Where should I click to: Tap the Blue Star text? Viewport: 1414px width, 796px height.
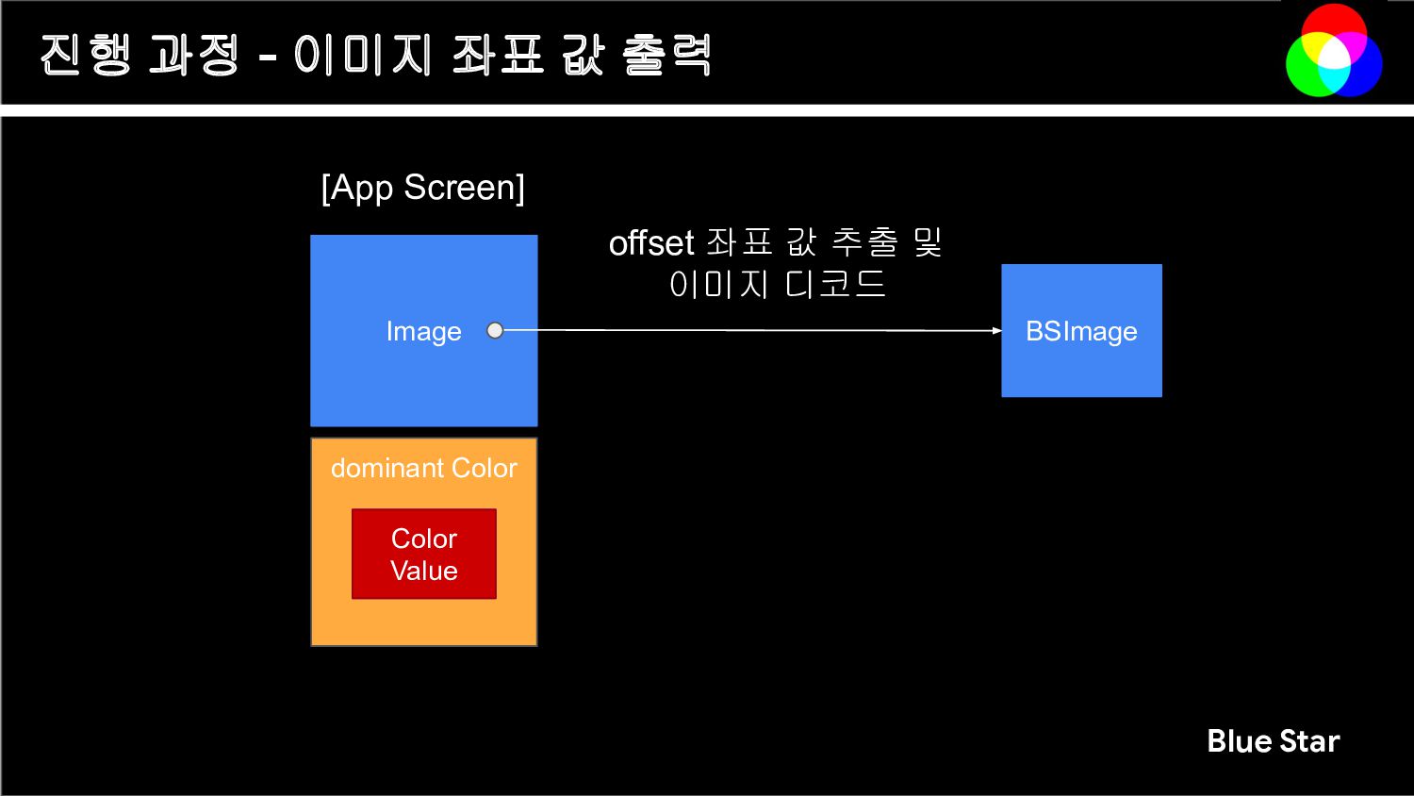tap(1273, 741)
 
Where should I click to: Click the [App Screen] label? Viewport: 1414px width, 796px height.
tap(422, 188)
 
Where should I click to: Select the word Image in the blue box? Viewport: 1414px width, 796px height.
tap(423, 331)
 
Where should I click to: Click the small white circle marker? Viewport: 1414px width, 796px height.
tap(495, 330)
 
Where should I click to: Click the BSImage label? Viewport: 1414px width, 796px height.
tap(1081, 331)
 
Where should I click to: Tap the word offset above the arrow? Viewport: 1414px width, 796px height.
tap(650, 243)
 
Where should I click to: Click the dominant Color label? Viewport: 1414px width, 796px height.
tap(423, 468)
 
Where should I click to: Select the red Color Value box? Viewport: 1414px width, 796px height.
tap(423, 554)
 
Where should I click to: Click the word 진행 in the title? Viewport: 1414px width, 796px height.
tap(86, 55)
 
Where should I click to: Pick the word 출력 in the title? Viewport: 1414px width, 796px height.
tap(666, 55)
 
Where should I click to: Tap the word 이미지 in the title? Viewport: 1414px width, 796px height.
tap(362, 55)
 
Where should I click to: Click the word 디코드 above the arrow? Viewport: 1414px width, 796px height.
tap(835, 284)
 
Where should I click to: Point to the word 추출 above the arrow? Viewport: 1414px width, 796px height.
tap(864, 243)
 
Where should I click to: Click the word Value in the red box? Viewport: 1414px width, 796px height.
tap(423, 571)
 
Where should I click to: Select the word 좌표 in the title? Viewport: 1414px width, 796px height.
tap(497, 55)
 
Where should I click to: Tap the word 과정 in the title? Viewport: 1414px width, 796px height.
tap(194, 55)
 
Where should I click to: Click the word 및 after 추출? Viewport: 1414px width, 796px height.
tap(928, 243)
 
